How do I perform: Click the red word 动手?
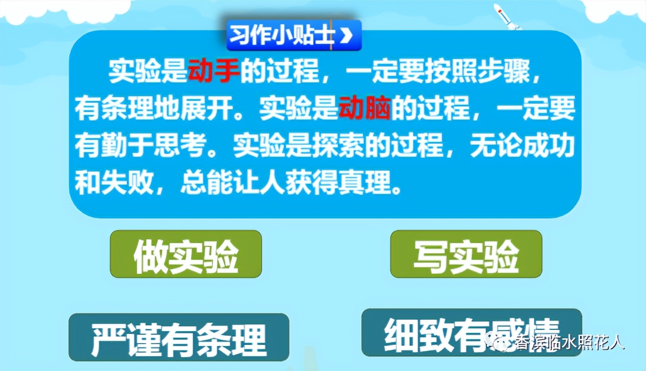[x=214, y=72]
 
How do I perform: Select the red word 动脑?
[x=365, y=110]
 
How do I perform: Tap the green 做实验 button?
[x=186, y=254]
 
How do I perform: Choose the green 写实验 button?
[x=466, y=254]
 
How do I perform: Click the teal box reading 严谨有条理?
[x=179, y=337]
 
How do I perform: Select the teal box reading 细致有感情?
[x=471, y=333]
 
